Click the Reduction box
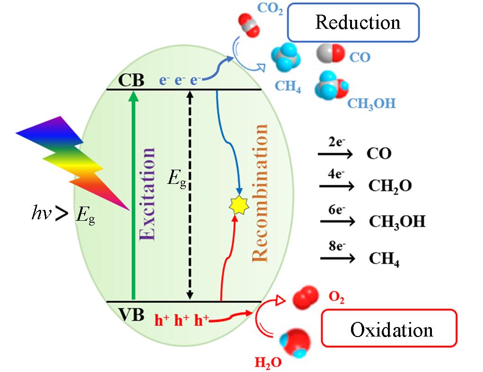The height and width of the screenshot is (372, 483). [353, 22]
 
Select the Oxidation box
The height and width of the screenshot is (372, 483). [389, 329]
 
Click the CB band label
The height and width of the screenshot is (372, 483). [131, 79]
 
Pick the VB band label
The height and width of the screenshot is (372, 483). [131, 314]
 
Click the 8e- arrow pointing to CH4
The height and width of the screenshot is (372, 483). [337, 258]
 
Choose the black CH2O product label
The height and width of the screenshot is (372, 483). [390, 187]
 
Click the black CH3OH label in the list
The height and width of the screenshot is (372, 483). [396, 222]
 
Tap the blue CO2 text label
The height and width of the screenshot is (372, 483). [271, 9]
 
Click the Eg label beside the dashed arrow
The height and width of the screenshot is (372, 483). [178, 181]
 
